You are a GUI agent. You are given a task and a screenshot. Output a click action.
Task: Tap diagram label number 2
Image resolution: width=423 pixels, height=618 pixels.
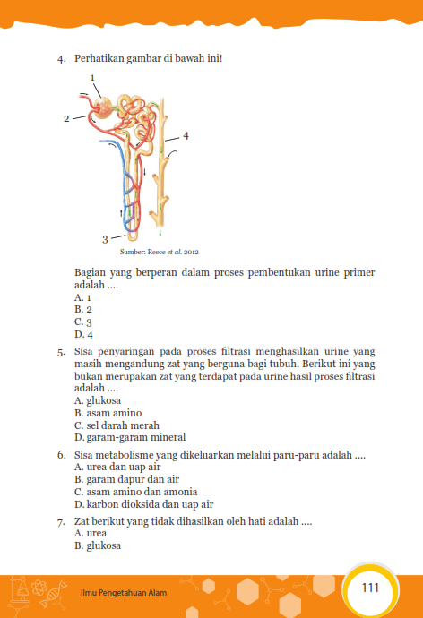pos(66,118)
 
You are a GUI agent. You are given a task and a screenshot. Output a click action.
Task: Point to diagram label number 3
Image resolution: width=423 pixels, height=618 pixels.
pos(105,239)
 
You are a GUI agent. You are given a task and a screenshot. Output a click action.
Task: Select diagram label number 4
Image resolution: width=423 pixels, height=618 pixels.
pos(186,136)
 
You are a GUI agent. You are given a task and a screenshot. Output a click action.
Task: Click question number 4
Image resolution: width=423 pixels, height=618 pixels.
pos(61,60)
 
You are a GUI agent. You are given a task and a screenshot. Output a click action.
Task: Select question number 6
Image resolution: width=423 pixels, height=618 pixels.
pos(61,456)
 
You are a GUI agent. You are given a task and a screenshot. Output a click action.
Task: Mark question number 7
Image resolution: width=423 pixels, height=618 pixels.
pos(61,520)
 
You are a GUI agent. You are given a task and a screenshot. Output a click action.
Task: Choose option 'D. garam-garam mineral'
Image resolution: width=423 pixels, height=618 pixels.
pos(130,438)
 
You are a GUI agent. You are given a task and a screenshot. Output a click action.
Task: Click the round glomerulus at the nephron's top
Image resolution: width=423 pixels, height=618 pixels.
pos(106,107)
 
